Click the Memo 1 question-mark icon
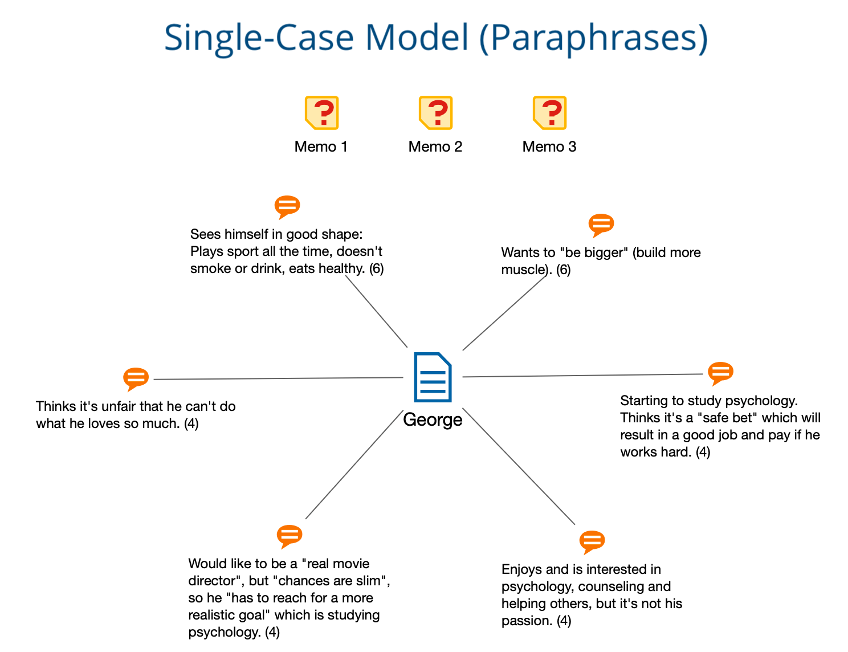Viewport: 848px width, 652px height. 321,112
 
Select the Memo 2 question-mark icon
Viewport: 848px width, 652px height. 435,112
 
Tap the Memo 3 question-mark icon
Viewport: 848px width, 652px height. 549,112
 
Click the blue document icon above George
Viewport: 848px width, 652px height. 433,377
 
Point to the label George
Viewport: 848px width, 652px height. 433,419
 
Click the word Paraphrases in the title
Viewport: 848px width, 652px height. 594,38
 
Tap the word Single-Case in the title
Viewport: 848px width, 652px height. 259,38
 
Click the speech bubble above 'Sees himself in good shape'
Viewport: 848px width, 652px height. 287,207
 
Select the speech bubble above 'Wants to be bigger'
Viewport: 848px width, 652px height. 601,225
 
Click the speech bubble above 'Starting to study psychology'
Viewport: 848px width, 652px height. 720,373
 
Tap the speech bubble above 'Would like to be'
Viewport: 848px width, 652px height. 289,536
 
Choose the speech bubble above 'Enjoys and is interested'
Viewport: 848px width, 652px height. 592,542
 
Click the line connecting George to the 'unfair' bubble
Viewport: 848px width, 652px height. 278,378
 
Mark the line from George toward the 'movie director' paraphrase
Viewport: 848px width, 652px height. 354,464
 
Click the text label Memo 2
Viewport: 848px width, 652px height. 435,146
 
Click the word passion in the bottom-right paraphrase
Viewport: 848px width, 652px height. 527,621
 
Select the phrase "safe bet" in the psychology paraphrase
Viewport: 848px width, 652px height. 727,418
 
